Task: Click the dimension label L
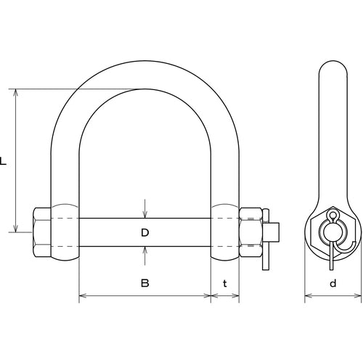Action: tap(3, 161)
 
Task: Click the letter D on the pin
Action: tap(144, 232)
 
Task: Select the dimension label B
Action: tap(144, 282)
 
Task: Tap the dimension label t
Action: tap(225, 283)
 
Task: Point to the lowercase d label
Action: tap(333, 283)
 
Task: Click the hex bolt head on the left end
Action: tap(41, 232)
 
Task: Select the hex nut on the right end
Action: tap(250, 232)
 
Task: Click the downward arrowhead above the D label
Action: tap(144, 214)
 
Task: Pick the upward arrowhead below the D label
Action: tap(144, 250)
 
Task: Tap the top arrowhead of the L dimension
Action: tap(16, 93)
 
